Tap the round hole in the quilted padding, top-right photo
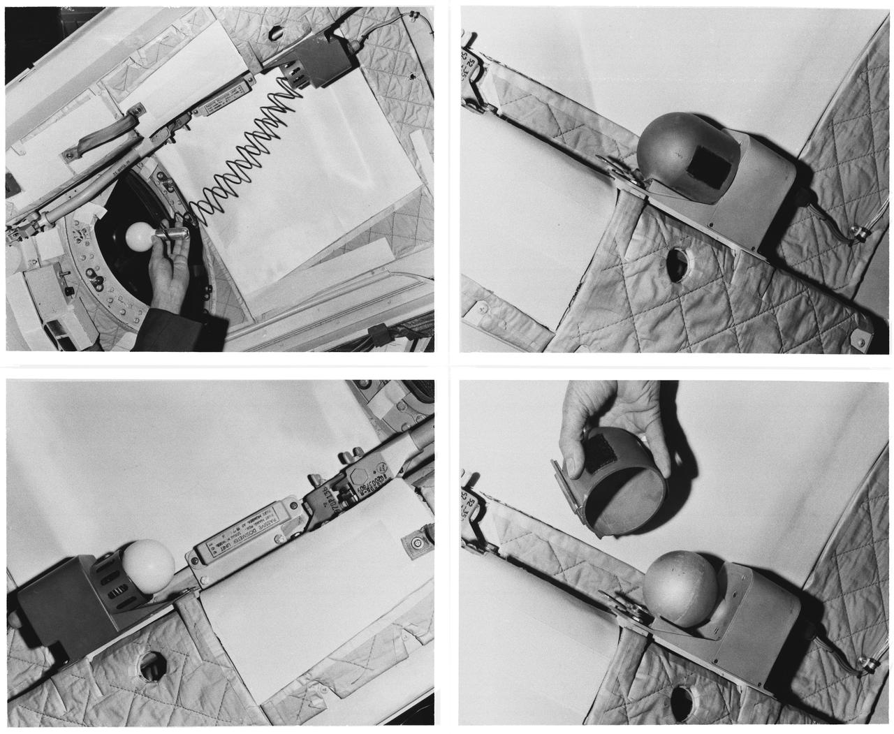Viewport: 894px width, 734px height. [x=677, y=266]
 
